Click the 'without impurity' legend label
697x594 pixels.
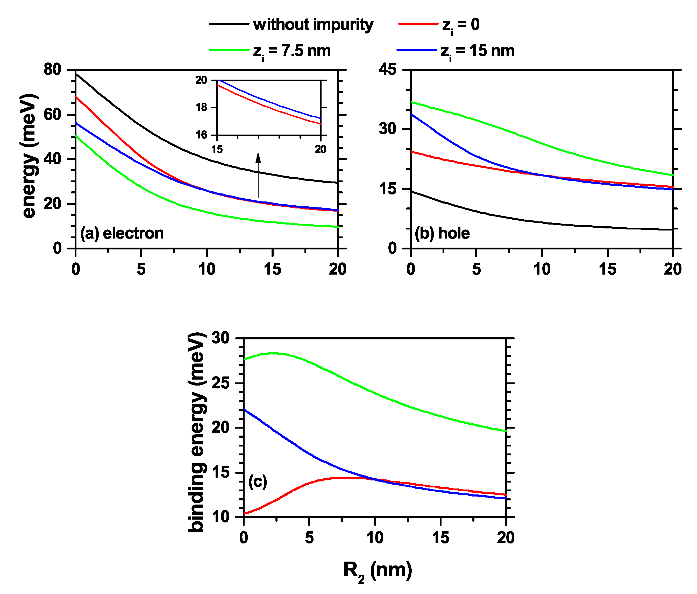pyautogui.click(x=313, y=25)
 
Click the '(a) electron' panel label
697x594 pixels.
pyautogui.click(x=122, y=233)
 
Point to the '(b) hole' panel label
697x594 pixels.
pyautogui.click(x=442, y=233)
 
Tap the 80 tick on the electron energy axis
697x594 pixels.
pyautogui.click(x=53, y=70)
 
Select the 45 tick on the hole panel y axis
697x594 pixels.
pyautogui.click(x=388, y=70)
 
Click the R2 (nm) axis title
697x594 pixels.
pyautogui.click(x=378, y=570)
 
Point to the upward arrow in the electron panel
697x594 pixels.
pyautogui.click(x=258, y=175)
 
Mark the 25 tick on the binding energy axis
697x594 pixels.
pyautogui.click(x=220, y=383)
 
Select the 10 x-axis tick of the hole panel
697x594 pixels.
pyautogui.click(x=542, y=269)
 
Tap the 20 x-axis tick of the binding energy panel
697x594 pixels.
pyautogui.click(x=506, y=538)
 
